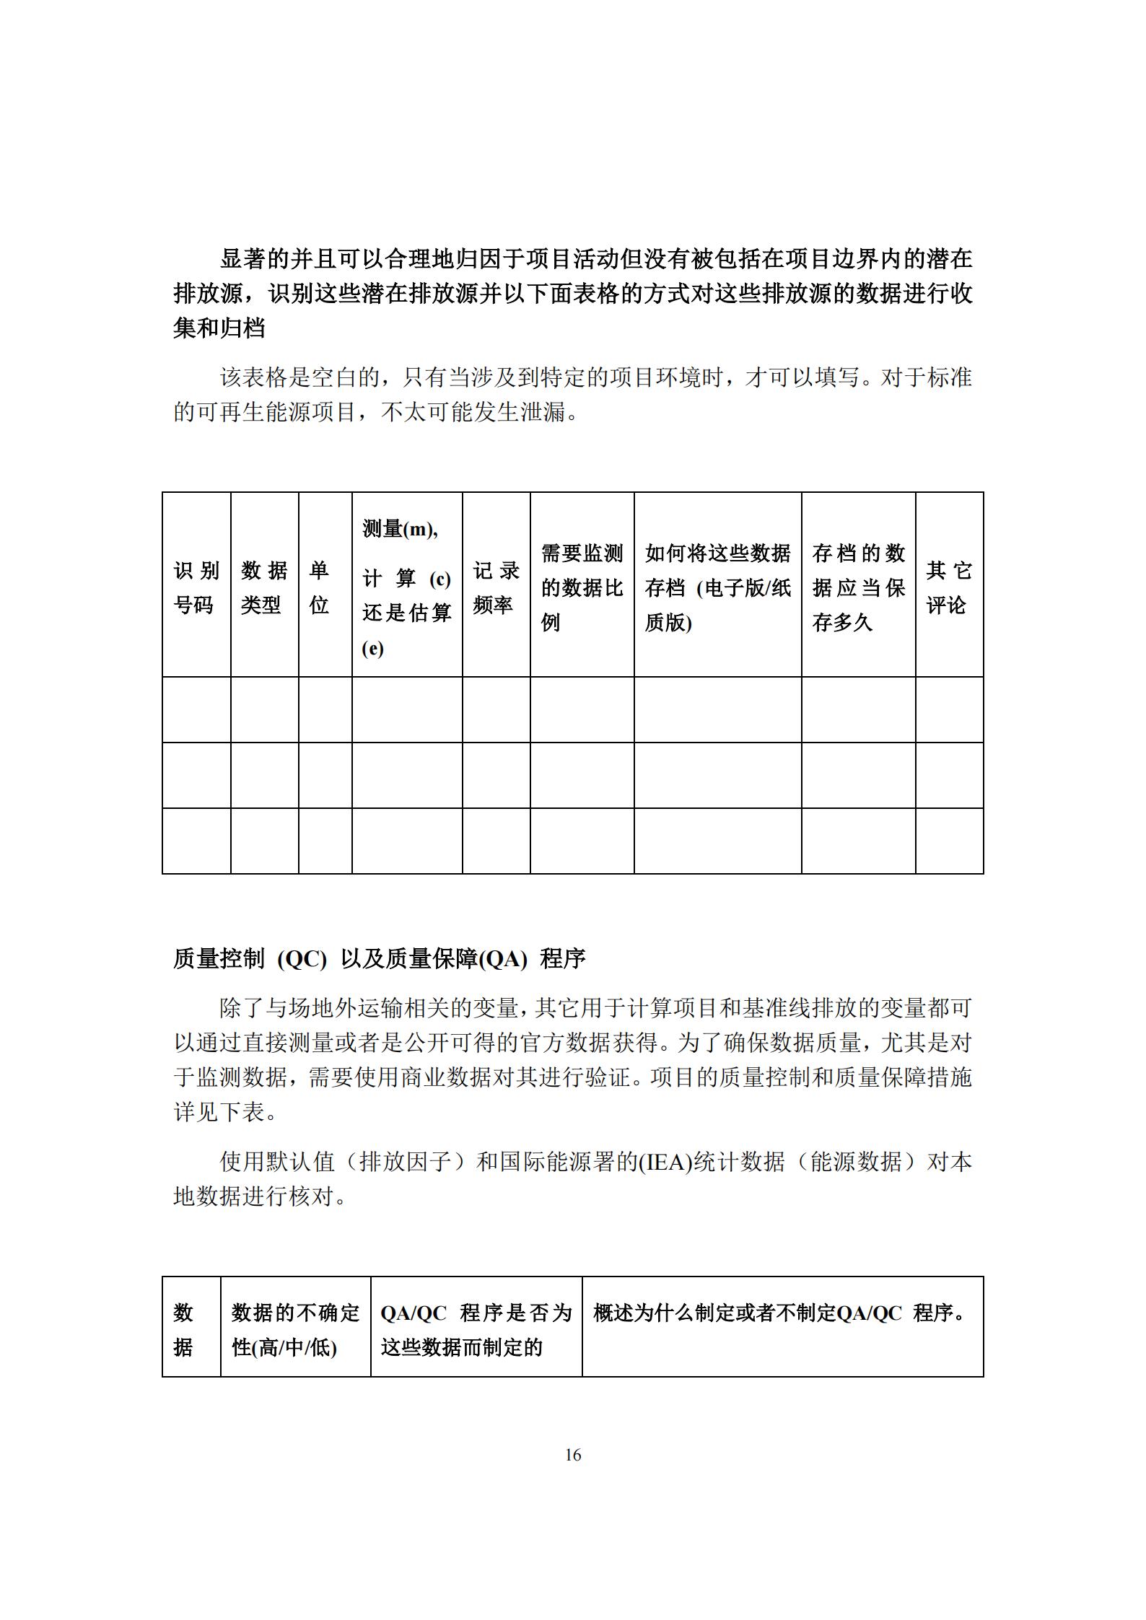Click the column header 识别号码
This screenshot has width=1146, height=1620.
point(196,587)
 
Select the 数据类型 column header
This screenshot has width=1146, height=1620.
point(264,587)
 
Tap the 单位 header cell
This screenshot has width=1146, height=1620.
point(319,587)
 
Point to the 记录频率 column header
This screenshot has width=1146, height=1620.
point(496,587)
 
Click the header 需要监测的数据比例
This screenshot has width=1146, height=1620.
point(582,587)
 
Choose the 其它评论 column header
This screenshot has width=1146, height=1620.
point(948,587)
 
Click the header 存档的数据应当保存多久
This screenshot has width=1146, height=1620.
point(858,587)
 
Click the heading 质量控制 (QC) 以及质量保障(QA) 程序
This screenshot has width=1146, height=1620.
point(380,958)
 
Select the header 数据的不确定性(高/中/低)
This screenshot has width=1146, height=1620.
point(295,1330)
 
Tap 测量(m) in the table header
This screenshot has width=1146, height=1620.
point(400,529)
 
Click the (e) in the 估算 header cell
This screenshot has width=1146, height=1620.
point(372,648)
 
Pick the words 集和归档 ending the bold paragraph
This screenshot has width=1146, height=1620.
point(219,328)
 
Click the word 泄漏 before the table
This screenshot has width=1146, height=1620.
point(542,412)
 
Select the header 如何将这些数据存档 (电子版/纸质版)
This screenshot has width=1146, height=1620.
point(717,587)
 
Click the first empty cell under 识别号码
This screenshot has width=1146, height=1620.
point(196,709)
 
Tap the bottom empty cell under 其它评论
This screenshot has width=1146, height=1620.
point(949,841)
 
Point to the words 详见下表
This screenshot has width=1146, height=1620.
point(219,1112)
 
